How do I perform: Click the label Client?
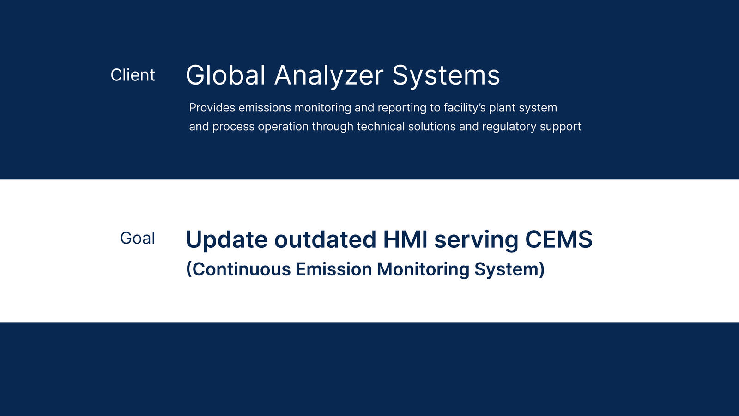coord(133,75)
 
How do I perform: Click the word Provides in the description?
coord(212,108)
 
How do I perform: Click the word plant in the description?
coord(502,108)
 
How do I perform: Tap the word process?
coord(233,127)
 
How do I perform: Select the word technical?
coord(381,127)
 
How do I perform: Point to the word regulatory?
coord(509,127)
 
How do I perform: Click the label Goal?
coord(138,238)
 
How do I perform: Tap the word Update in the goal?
coord(227,240)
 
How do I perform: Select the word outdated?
coord(325,239)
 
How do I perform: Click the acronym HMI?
coord(405,239)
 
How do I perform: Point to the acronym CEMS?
coord(559,239)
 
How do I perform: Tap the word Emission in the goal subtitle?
coord(334,269)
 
